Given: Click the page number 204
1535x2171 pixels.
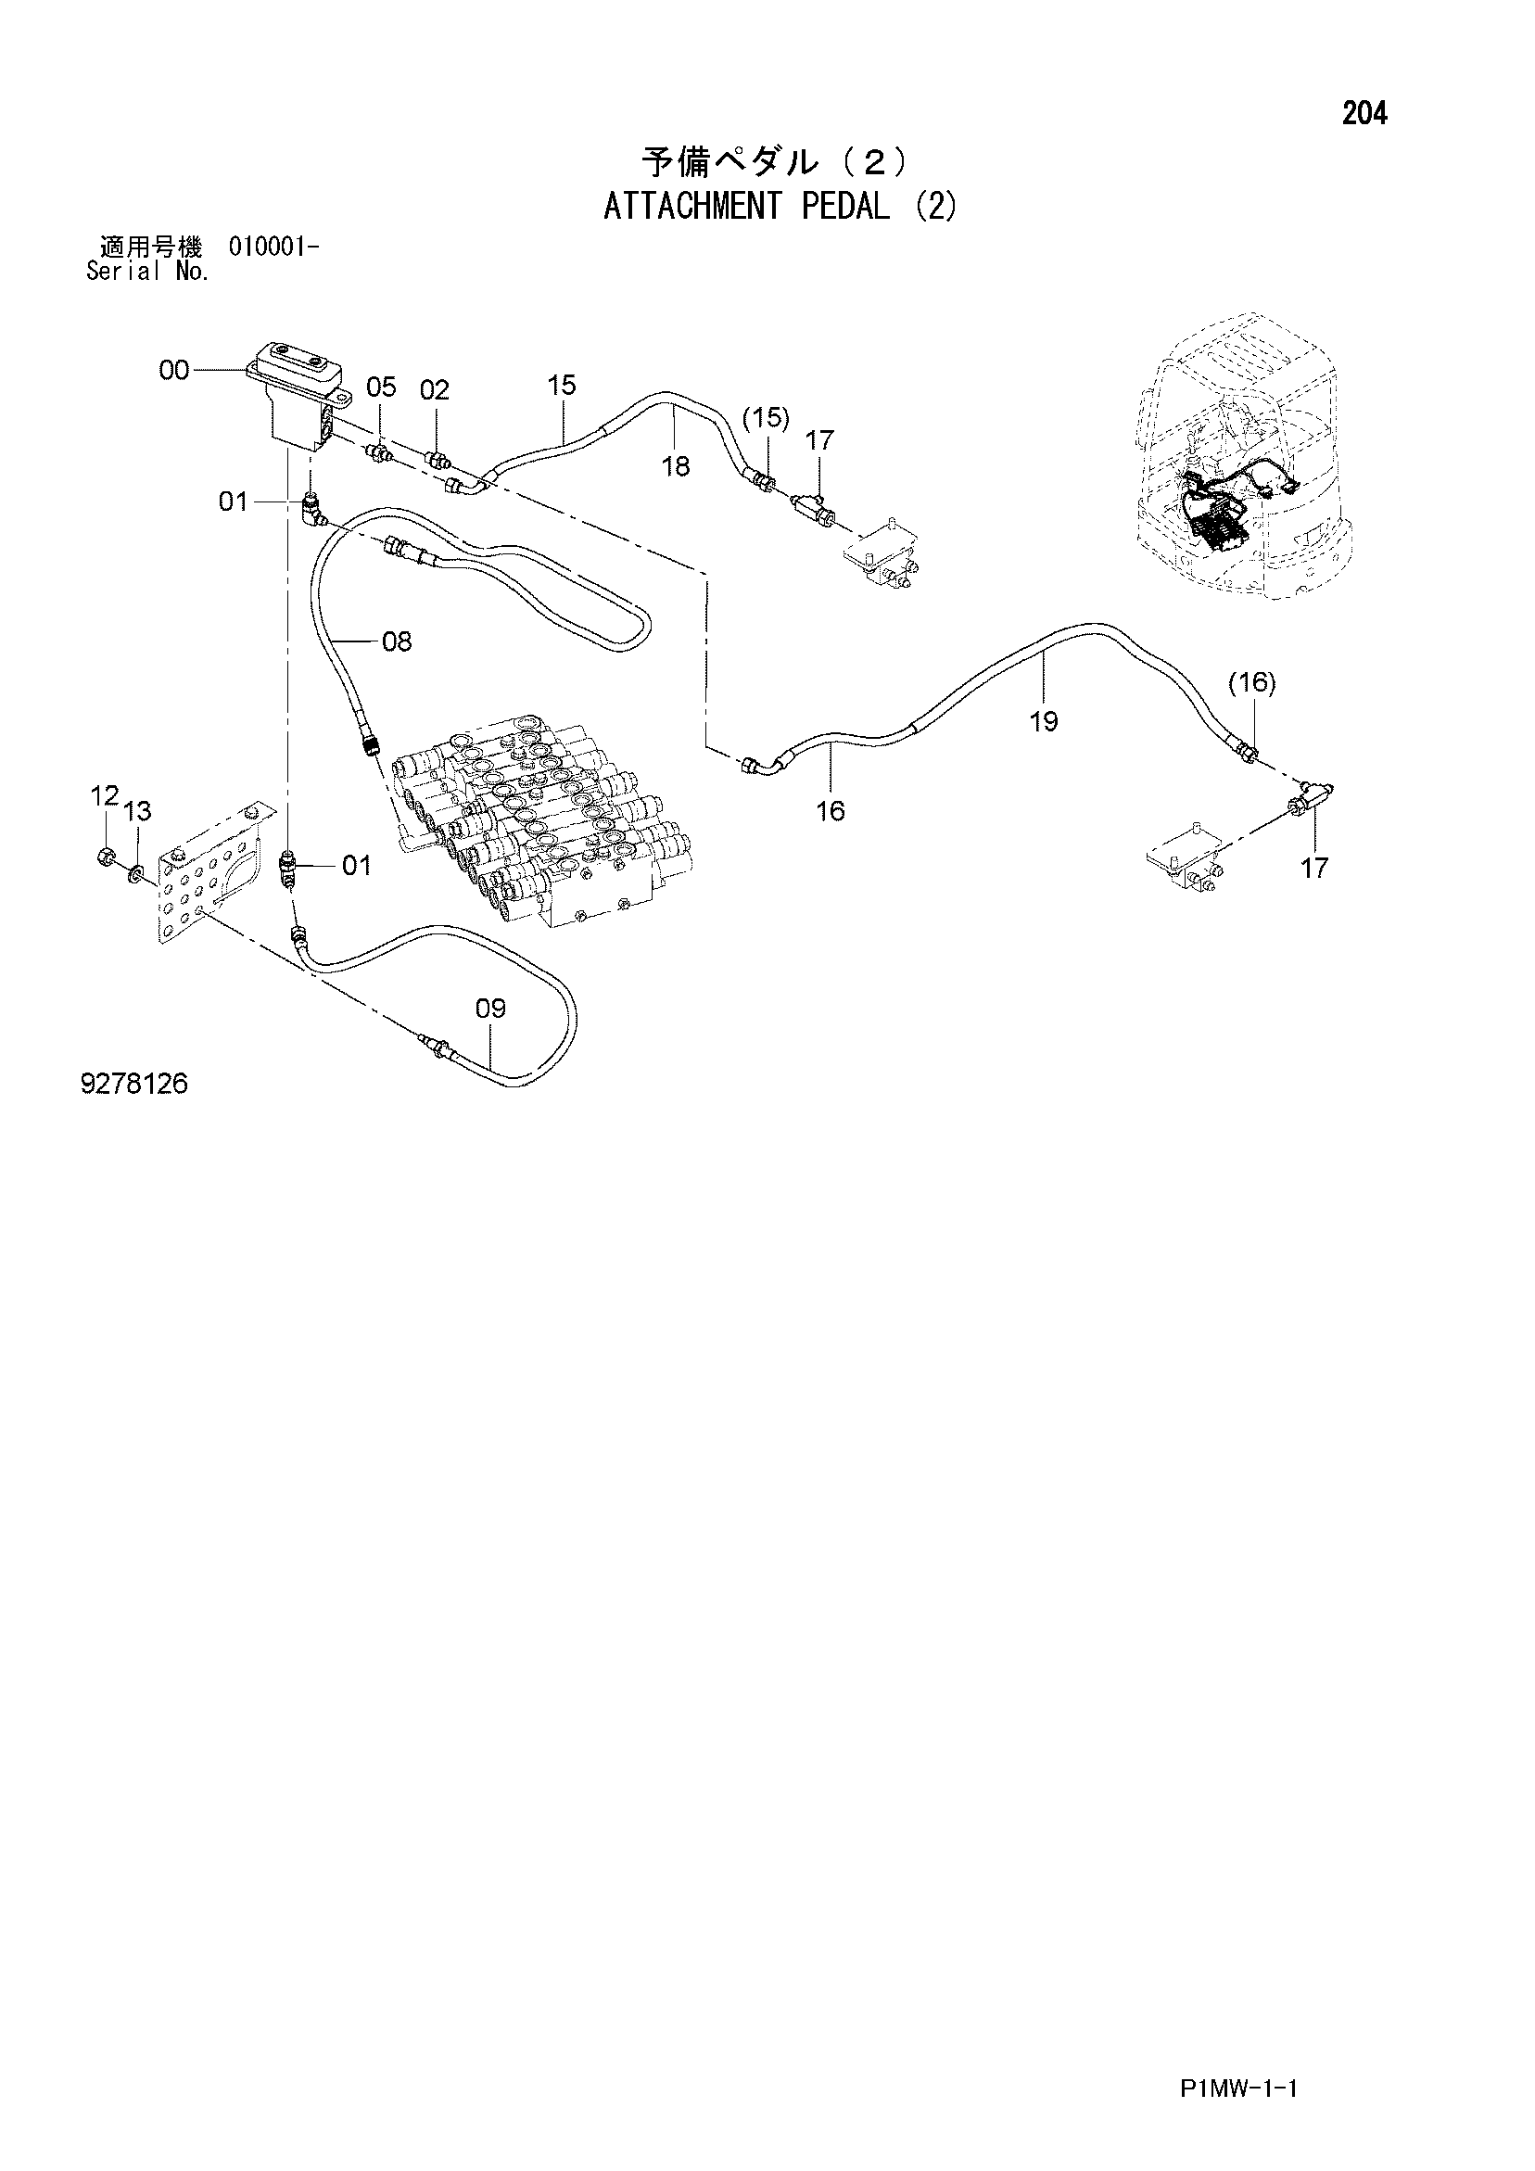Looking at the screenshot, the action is click(1364, 114).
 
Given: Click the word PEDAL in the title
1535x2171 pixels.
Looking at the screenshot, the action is click(845, 206).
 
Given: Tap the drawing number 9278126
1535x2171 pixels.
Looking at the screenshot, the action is click(134, 1084).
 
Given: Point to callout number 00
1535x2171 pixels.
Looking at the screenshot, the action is click(174, 371).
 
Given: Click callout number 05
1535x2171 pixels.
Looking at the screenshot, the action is click(381, 387).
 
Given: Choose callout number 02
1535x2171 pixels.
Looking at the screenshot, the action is click(435, 389).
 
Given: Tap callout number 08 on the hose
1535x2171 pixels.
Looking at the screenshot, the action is click(398, 642).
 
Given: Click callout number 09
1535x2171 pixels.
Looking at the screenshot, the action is click(491, 1008).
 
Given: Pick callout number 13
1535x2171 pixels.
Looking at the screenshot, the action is click(137, 811).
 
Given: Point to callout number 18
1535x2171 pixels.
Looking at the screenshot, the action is click(677, 466).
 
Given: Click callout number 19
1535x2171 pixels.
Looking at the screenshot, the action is click(1044, 722).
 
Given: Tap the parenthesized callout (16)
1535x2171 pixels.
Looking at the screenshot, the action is click(1252, 682).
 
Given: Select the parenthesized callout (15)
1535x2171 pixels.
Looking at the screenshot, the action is click(766, 417).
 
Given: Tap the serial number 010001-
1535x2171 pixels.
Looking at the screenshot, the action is click(273, 248).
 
